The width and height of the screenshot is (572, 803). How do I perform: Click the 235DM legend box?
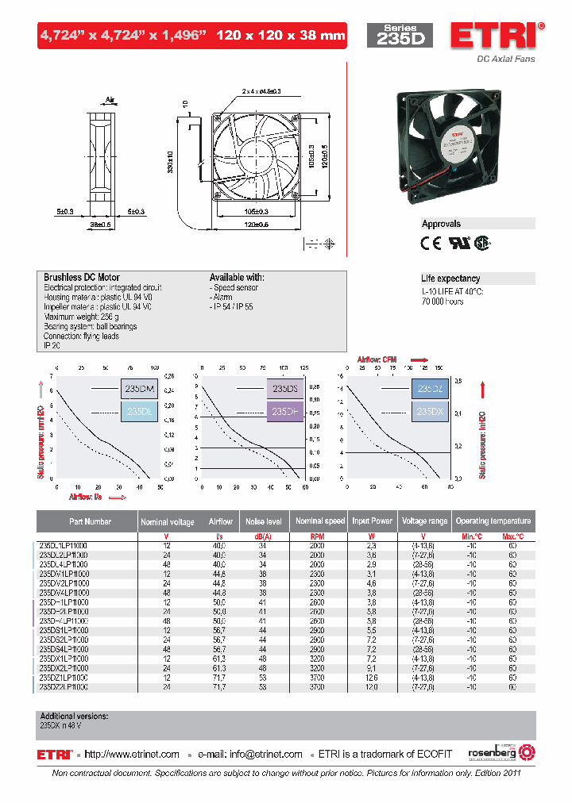[138, 389]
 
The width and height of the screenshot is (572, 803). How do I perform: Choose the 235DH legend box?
[284, 412]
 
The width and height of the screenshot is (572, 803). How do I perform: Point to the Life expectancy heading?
[450, 279]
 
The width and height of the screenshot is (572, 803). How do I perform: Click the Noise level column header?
[264, 521]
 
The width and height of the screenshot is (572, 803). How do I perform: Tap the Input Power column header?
[372, 521]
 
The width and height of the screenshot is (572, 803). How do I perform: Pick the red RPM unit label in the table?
[316, 537]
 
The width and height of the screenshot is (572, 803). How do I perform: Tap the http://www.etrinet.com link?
[132, 754]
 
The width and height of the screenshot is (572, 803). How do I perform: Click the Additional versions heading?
[74, 716]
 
